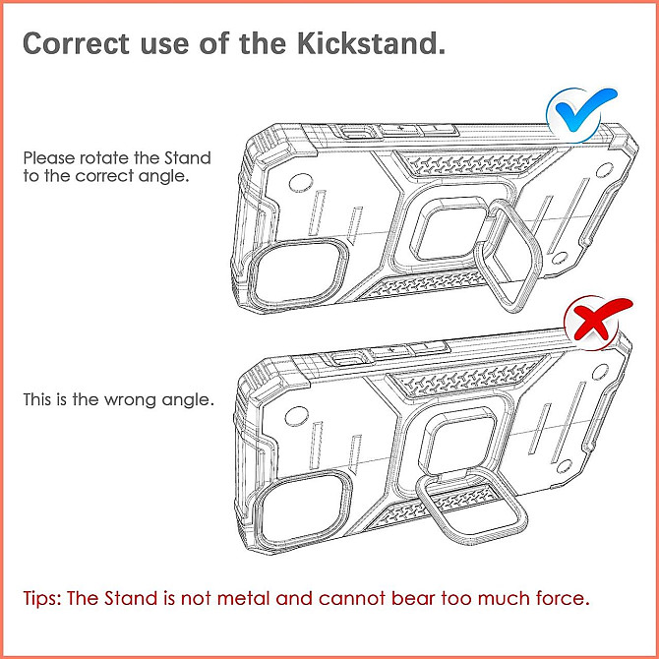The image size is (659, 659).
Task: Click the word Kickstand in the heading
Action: click(371, 43)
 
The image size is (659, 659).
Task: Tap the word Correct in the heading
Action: click(76, 43)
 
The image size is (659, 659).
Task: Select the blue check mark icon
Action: click(581, 113)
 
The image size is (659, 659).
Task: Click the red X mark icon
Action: click(597, 321)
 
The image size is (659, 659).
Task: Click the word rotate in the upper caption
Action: click(104, 158)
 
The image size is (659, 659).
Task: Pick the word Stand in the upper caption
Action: click(188, 158)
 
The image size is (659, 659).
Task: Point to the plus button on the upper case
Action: click(400, 129)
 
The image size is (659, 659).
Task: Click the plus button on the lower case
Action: click(391, 350)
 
